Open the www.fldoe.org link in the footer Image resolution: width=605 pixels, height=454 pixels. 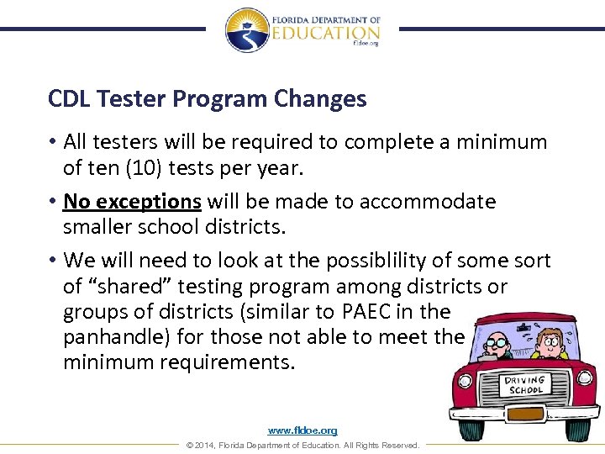coord(302,430)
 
